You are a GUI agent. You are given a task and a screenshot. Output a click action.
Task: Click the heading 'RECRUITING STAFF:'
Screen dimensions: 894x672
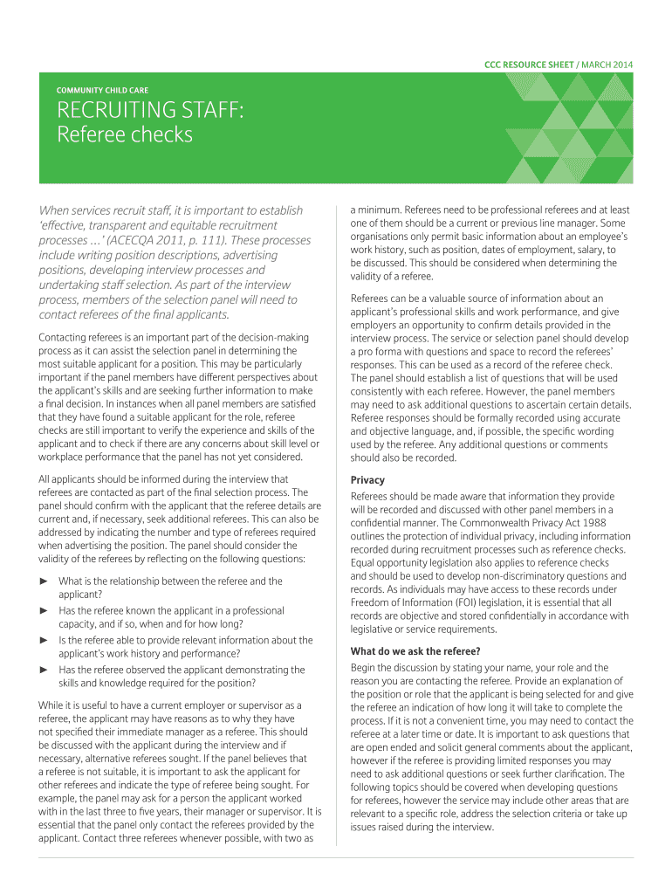pos(150,111)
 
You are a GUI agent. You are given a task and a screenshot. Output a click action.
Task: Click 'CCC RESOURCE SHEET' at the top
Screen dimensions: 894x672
pos(530,65)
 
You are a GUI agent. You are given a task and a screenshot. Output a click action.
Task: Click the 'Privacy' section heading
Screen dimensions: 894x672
pos(367,480)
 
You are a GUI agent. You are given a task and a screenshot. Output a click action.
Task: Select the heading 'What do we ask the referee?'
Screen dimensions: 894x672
pos(415,650)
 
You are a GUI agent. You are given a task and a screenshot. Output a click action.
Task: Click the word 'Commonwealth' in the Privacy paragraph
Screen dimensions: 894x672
pos(498,522)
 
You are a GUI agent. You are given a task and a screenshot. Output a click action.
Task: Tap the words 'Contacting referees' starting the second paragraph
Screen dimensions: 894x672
pos(82,338)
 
